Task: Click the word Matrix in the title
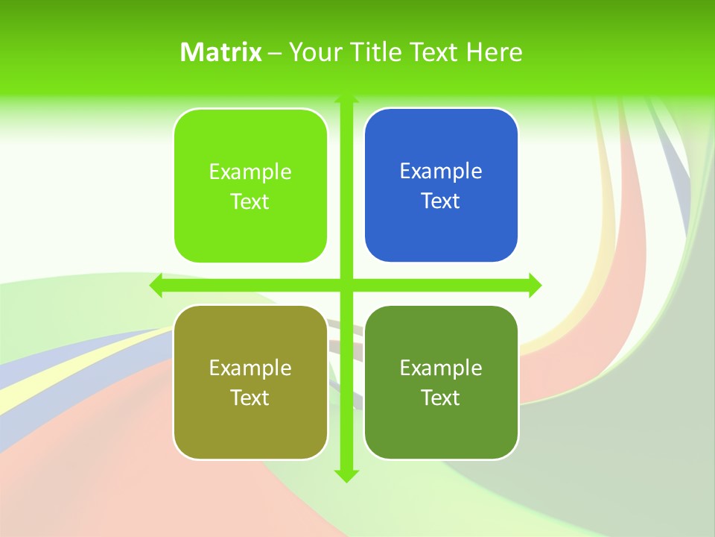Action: click(221, 52)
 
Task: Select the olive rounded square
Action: click(250, 425)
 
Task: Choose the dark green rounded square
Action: click(441, 425)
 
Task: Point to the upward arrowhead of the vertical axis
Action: click(346, 98)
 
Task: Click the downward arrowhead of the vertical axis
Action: click(346, 476)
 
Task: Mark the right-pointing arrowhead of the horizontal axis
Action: click(535, 285)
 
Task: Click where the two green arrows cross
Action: click(346, 285)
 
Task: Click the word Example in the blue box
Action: click(441, 171)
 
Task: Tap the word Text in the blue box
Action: click(441, 201)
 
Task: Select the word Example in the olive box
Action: click(250, 368)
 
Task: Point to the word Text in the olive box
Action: click(250, 398)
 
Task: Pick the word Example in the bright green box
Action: click(250, 172)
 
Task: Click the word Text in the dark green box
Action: click(441, 398)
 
